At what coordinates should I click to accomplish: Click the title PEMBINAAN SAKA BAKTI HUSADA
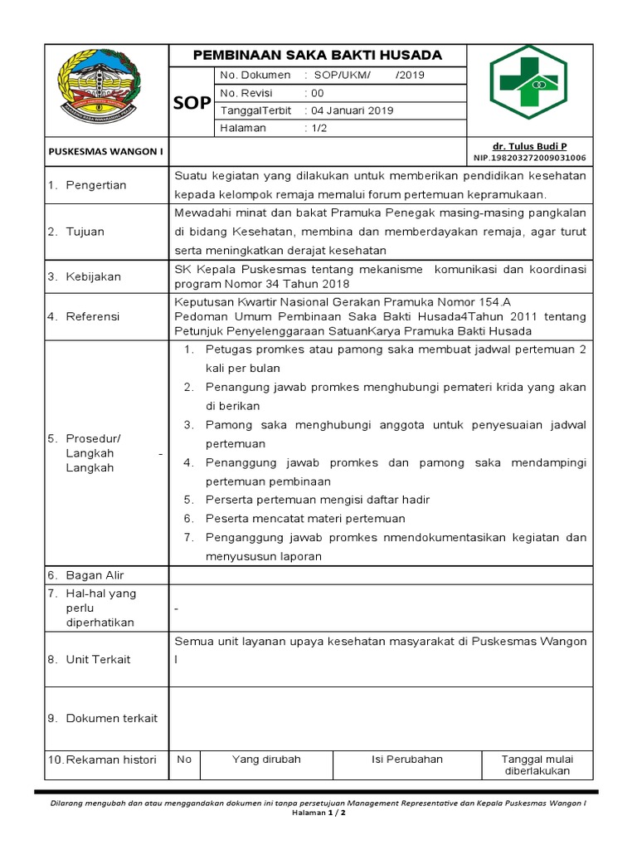click(x=318, y=55)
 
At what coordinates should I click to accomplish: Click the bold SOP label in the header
click(x=191, y=102)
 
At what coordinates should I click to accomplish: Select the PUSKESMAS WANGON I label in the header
click(x=95, y=150)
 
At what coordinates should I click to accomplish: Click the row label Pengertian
click(x=96, y=185)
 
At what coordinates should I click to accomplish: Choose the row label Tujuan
click(x=85, y=232)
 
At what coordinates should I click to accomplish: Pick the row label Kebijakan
click(x=93, y=276)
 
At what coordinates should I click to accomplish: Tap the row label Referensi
click(x=93, y=316)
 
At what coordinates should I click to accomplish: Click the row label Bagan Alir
click(x=95, y=575)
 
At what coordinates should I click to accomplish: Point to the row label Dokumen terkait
click(x=111, y=718)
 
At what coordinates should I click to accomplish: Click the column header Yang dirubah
click(x=266, y=759)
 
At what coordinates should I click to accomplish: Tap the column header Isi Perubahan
click(x=406, y=759)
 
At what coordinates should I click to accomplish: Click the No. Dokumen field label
click(x=255, y=76)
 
